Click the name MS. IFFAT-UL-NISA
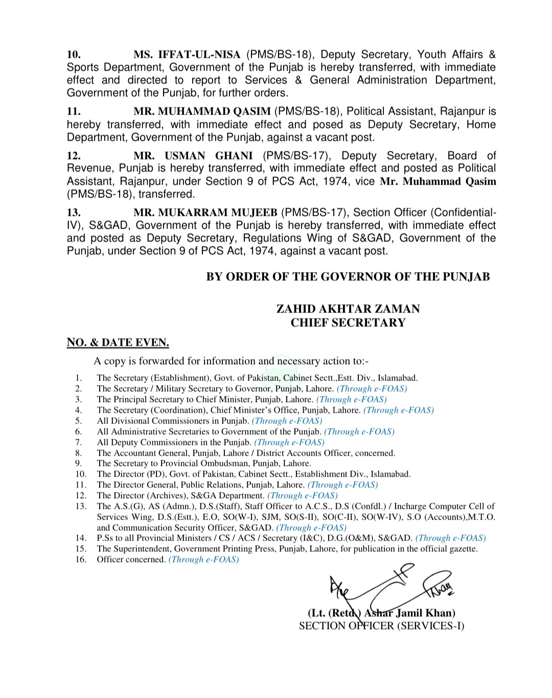pos(187,55)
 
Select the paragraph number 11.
pos(74,111)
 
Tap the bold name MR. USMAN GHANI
pos(193,156)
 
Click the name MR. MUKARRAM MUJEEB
pos(205,213)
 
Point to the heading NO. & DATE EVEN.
pos(118,343)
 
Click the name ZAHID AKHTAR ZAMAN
pos(348,309)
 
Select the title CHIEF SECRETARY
pos(348,323)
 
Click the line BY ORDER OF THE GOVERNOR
pos(348,277)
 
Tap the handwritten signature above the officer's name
pos(388,588)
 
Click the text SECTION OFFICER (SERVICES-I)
pos(382,626)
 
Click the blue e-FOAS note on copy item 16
pos(203,559)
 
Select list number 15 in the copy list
pos(81,549)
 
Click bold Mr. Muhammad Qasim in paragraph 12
pos(438,182)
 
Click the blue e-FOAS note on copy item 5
pos(287,421)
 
